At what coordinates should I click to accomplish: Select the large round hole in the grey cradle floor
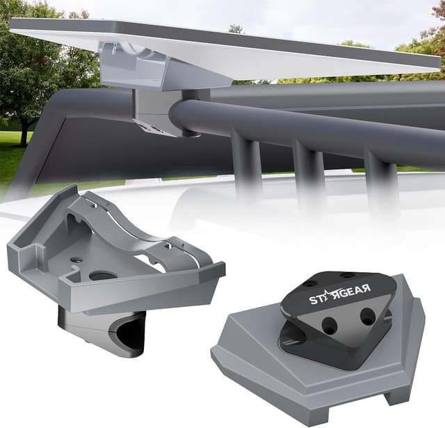[102, 276]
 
